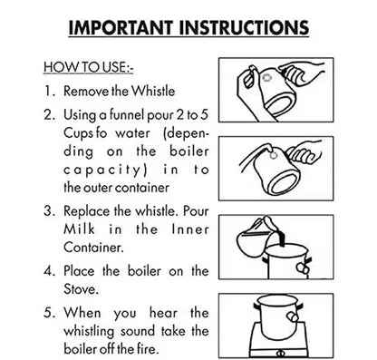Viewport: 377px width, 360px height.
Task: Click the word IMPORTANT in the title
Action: [x=121, y=28]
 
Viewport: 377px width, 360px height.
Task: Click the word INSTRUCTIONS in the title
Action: [x=244, y=28]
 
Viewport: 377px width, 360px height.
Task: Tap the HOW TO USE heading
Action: [x=88, y=67]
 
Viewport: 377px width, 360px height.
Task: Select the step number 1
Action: [x=49, y=91]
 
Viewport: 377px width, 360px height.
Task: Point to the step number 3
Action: [x=49, y=211]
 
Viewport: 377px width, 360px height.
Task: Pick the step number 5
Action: [x=49, y=312]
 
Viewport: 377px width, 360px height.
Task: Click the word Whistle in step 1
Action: [x=154, y=91]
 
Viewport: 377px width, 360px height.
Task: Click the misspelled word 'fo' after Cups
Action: [x=101, y=133]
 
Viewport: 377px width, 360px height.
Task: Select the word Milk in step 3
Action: [x=79, y=229]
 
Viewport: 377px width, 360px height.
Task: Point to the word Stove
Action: [x=81, y=289]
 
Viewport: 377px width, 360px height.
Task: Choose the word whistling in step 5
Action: [x=89, y=332]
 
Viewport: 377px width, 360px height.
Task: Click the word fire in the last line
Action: [x=148, y=349]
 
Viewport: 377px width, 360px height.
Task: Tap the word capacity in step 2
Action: [x=105, y=170]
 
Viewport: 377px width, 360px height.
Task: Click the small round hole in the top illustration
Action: [x=267, y=77]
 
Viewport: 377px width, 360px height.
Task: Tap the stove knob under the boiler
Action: [x=280, y=353]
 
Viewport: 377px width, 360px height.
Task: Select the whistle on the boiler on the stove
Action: [x=292, y=316]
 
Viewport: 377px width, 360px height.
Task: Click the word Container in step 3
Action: [x=93, y=248]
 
